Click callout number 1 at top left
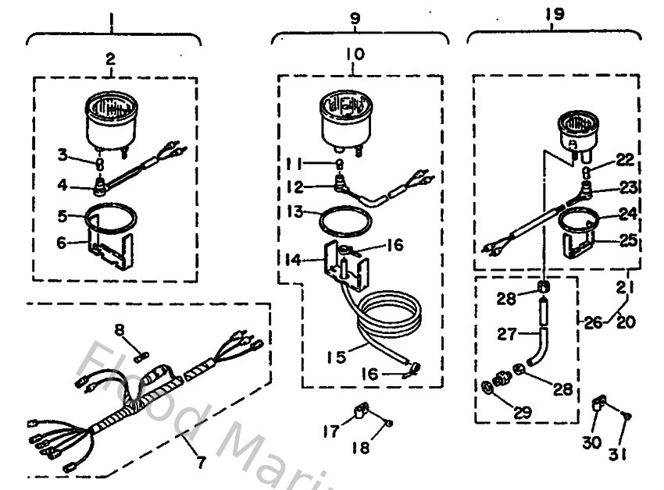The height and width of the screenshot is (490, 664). point(112,16)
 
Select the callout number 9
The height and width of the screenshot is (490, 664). point(354,16)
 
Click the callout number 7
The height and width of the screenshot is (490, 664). point(202,462)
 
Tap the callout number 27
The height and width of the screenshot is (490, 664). point(507,333)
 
